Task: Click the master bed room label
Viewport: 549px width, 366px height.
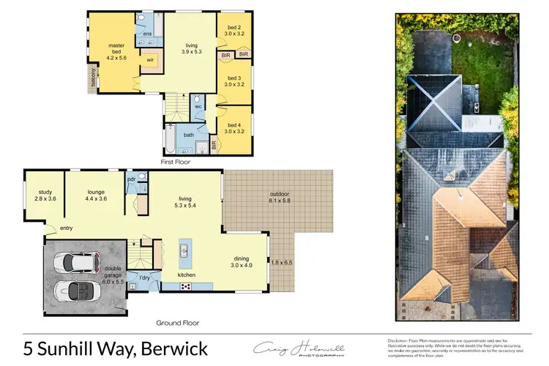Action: click(x=116, y=51)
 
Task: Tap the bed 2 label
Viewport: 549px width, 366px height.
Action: click(x=234, y=30)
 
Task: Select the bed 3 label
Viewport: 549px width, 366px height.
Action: click(x=234, y=81)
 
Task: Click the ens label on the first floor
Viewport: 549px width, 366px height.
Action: click(x=147, y=33)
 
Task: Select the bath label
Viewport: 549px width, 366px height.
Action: click(x=188, y=135)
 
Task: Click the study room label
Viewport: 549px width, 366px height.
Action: click(x=45, y=193)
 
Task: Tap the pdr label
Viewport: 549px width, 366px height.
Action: click(x=131, y=179)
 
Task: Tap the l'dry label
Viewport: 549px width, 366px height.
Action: click(x=144, y=277)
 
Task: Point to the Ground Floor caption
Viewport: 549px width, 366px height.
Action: click(x=179, y=322)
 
